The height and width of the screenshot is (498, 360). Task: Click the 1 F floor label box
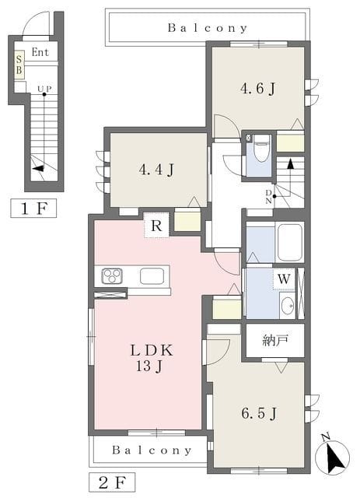(x=33, y=209)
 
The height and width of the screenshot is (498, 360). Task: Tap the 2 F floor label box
(x=112, y=482)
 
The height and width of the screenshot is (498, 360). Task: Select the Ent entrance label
(x=40, y=52)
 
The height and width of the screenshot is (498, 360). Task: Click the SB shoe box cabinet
(x=19, y=65)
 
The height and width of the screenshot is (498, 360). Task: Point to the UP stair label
(x=44, y=89)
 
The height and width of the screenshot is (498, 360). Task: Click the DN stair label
(x=268, y=197)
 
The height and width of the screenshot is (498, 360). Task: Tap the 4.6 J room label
(x=257, y=88)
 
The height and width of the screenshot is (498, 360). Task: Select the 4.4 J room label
(x=156, y=170)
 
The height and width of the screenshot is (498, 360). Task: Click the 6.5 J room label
(x=259, y=413)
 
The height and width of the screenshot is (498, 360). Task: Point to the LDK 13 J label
(x=152, y=358)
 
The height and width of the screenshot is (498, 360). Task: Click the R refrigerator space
(x=156, y=225)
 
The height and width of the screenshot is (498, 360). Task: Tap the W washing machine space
(x=284, y=279)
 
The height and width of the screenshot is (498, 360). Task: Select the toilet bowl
(x=261, y=149)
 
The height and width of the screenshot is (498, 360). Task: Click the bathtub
(x=290, y=242)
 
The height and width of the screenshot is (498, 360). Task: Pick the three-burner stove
(x=112, y=275)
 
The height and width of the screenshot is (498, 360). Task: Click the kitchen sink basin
(x=152, y=276)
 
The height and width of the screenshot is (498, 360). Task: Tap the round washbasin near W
(x=288, y=306)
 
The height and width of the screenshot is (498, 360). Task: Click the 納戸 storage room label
(x=275, y=340)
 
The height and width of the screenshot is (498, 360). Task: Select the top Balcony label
(x=208, y=28)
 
